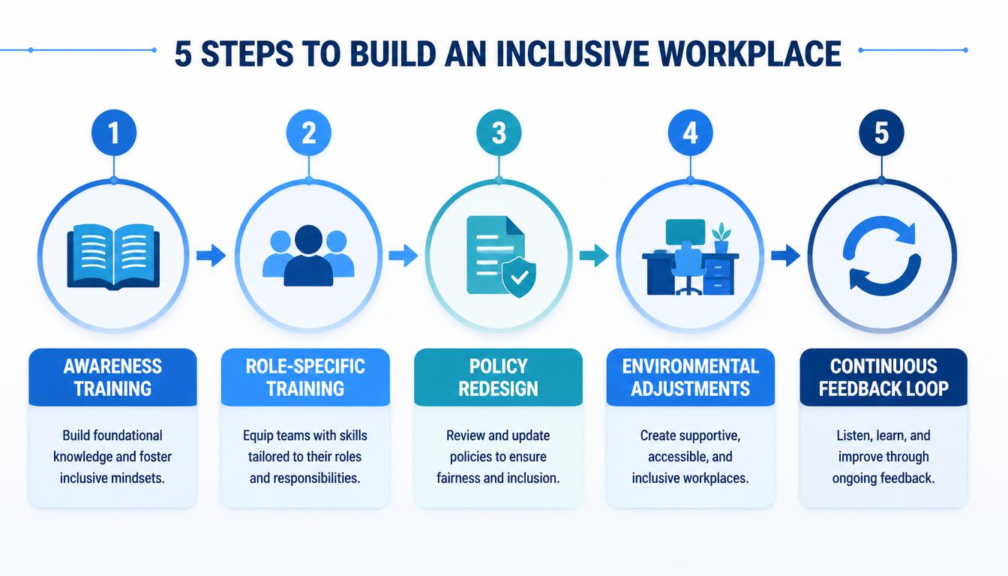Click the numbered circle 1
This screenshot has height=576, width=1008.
point(114,133)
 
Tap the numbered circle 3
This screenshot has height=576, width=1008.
point(499,133)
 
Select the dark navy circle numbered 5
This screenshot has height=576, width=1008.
point(881,133)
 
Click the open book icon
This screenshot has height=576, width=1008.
point(113,257)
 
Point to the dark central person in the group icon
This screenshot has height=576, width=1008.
point(308,256)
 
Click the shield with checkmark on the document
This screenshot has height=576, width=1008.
point(519,277)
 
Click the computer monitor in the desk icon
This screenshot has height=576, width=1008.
point(685,232)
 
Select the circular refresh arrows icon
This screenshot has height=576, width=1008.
point(881,256)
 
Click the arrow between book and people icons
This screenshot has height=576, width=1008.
point(211,256)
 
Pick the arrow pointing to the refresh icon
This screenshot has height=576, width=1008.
point(786,256)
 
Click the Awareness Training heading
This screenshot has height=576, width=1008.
point(112,377)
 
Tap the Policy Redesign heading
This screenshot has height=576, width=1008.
point(498,377)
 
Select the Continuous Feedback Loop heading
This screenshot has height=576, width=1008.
point(883,377)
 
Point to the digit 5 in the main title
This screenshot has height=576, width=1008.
point(183,55)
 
